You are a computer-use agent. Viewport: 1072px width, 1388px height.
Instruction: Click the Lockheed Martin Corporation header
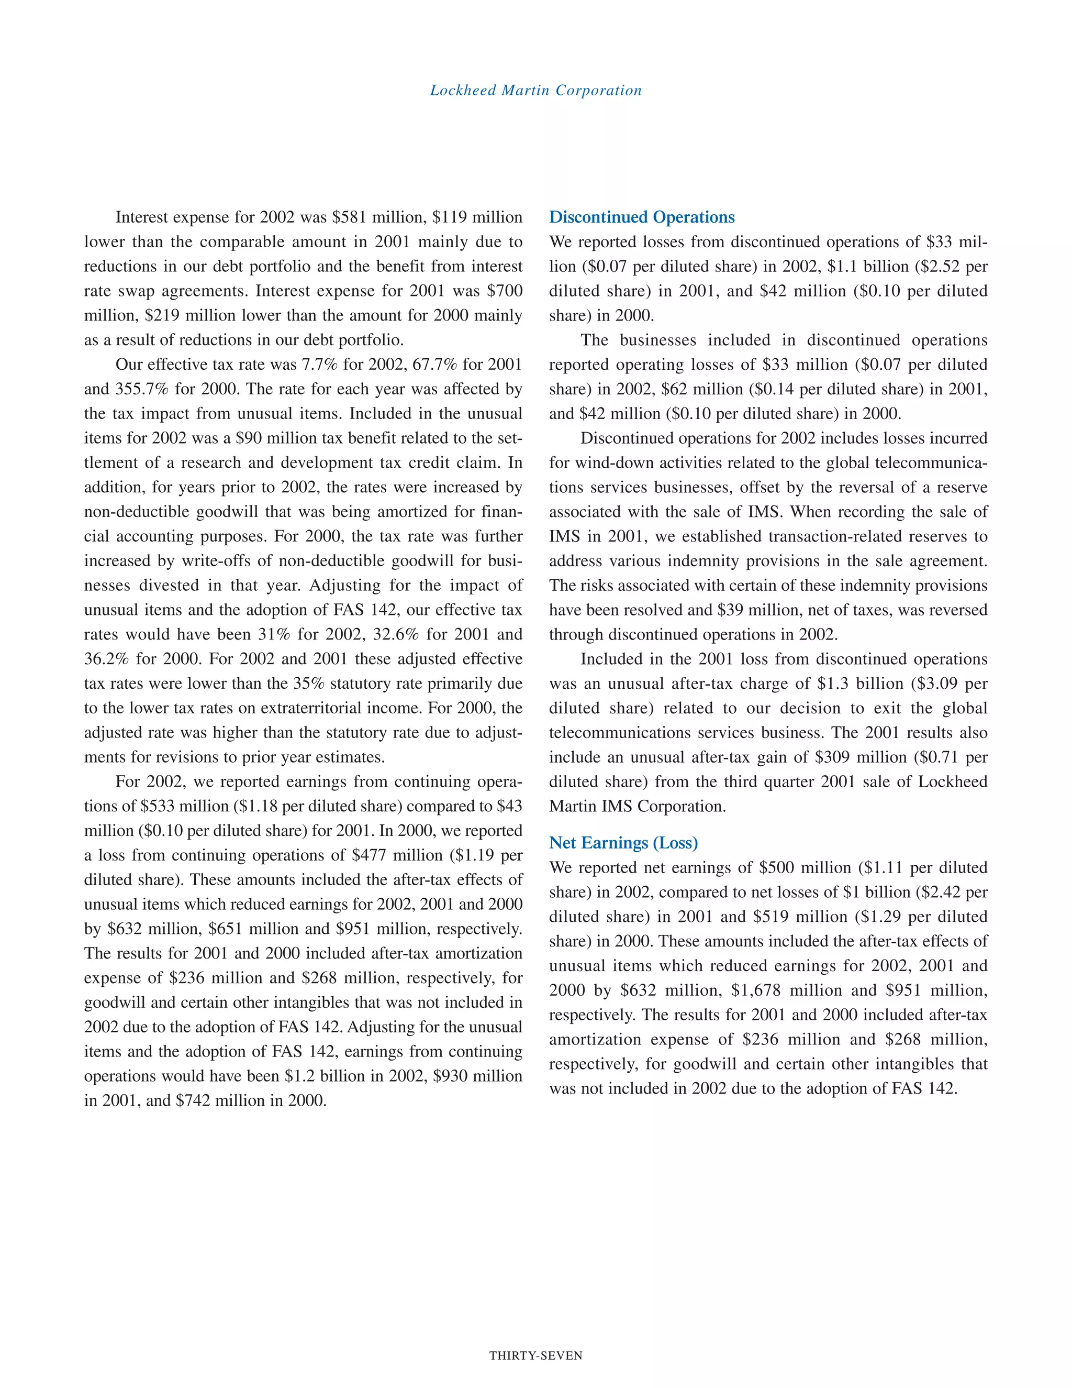point(536,90)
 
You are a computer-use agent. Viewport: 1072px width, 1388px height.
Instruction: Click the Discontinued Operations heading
point(641,217)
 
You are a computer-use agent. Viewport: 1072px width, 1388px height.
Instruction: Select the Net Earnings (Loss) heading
point(623,843)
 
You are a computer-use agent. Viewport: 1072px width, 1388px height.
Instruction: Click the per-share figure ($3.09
point(937,684)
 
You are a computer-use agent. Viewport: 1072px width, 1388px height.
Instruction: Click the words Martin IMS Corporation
point(637,807)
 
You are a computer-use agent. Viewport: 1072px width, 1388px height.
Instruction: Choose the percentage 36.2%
point(107,659)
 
